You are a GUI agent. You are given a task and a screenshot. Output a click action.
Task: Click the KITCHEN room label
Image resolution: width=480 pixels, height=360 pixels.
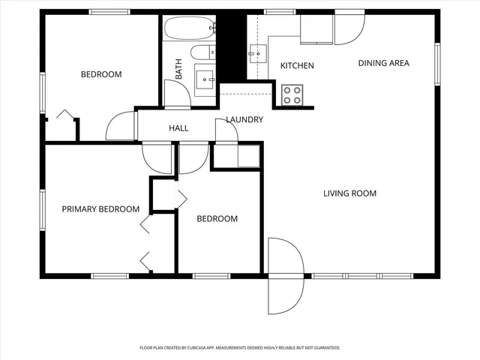pos(297,66)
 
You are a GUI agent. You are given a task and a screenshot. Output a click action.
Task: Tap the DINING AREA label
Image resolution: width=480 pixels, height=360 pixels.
pos(383,63)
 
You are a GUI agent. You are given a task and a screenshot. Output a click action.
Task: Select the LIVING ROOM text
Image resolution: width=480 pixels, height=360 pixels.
pos(349,193)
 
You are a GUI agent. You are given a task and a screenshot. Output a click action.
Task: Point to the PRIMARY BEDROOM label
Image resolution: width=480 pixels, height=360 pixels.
pos(100,209)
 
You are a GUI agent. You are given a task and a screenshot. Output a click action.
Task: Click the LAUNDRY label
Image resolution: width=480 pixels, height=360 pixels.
pos(244,120)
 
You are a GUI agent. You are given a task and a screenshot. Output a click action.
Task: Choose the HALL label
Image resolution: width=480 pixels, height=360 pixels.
pos(178,128)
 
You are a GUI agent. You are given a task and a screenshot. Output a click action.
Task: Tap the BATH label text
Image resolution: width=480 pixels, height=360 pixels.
pos(179,70)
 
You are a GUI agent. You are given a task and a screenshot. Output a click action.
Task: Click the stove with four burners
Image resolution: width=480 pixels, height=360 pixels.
pos(292,94)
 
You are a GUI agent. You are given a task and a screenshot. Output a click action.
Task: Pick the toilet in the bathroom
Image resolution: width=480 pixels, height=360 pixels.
pos(202,52)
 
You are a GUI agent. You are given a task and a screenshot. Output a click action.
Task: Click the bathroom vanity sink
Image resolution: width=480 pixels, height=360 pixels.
pos(205,77)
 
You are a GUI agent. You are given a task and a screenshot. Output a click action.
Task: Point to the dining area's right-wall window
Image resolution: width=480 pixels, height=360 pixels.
pos(437,64)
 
